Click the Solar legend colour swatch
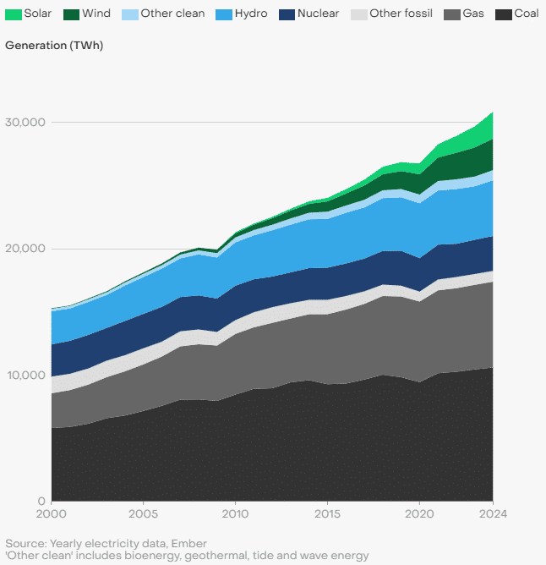pos(14,14)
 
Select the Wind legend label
pos(96,14)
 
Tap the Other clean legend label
pos(172,14)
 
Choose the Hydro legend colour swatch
pos(224,14)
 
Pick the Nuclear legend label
pos(318,14)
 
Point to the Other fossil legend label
pos(401,14)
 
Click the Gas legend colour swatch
pos(452,14)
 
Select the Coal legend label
pos(527,14)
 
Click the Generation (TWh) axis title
pos(54,46)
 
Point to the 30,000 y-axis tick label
pos(25,122)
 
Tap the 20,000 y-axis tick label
pos(25,249)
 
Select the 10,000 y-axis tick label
pos(26,375)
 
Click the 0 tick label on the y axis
pos(41,501)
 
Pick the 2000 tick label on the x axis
pos(52,514)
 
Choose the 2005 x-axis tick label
pos(144,514)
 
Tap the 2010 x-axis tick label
pos(235,514)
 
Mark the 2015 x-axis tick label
pos(327,514)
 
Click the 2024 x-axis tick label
pos(493,514)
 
